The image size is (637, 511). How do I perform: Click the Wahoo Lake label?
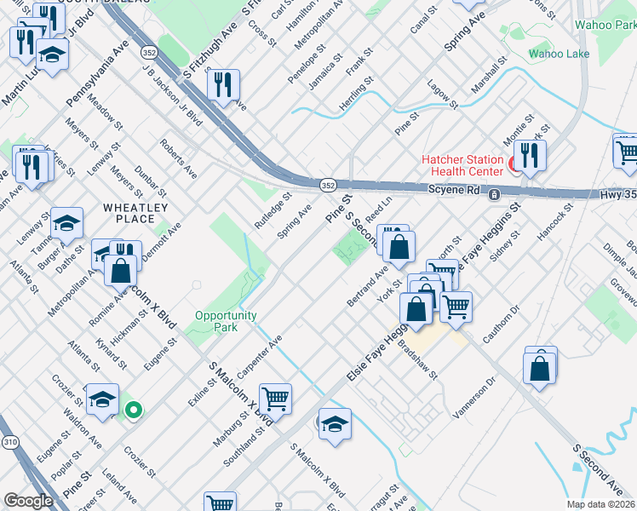[x=559, y=54]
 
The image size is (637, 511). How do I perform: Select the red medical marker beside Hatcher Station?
[x=514, y=164]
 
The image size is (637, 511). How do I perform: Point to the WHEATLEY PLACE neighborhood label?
[x=135, y=213]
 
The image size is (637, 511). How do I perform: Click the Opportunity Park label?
[x=226, y=321]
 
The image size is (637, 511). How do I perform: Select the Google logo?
[x=28, y=501]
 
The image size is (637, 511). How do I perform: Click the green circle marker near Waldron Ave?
[x=133, y=411]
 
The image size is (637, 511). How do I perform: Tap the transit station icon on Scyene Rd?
[x=494, y=195]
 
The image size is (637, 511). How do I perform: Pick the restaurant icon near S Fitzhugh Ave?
[x=223, y=85]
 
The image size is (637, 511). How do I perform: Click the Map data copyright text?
[x=600, y=504]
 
